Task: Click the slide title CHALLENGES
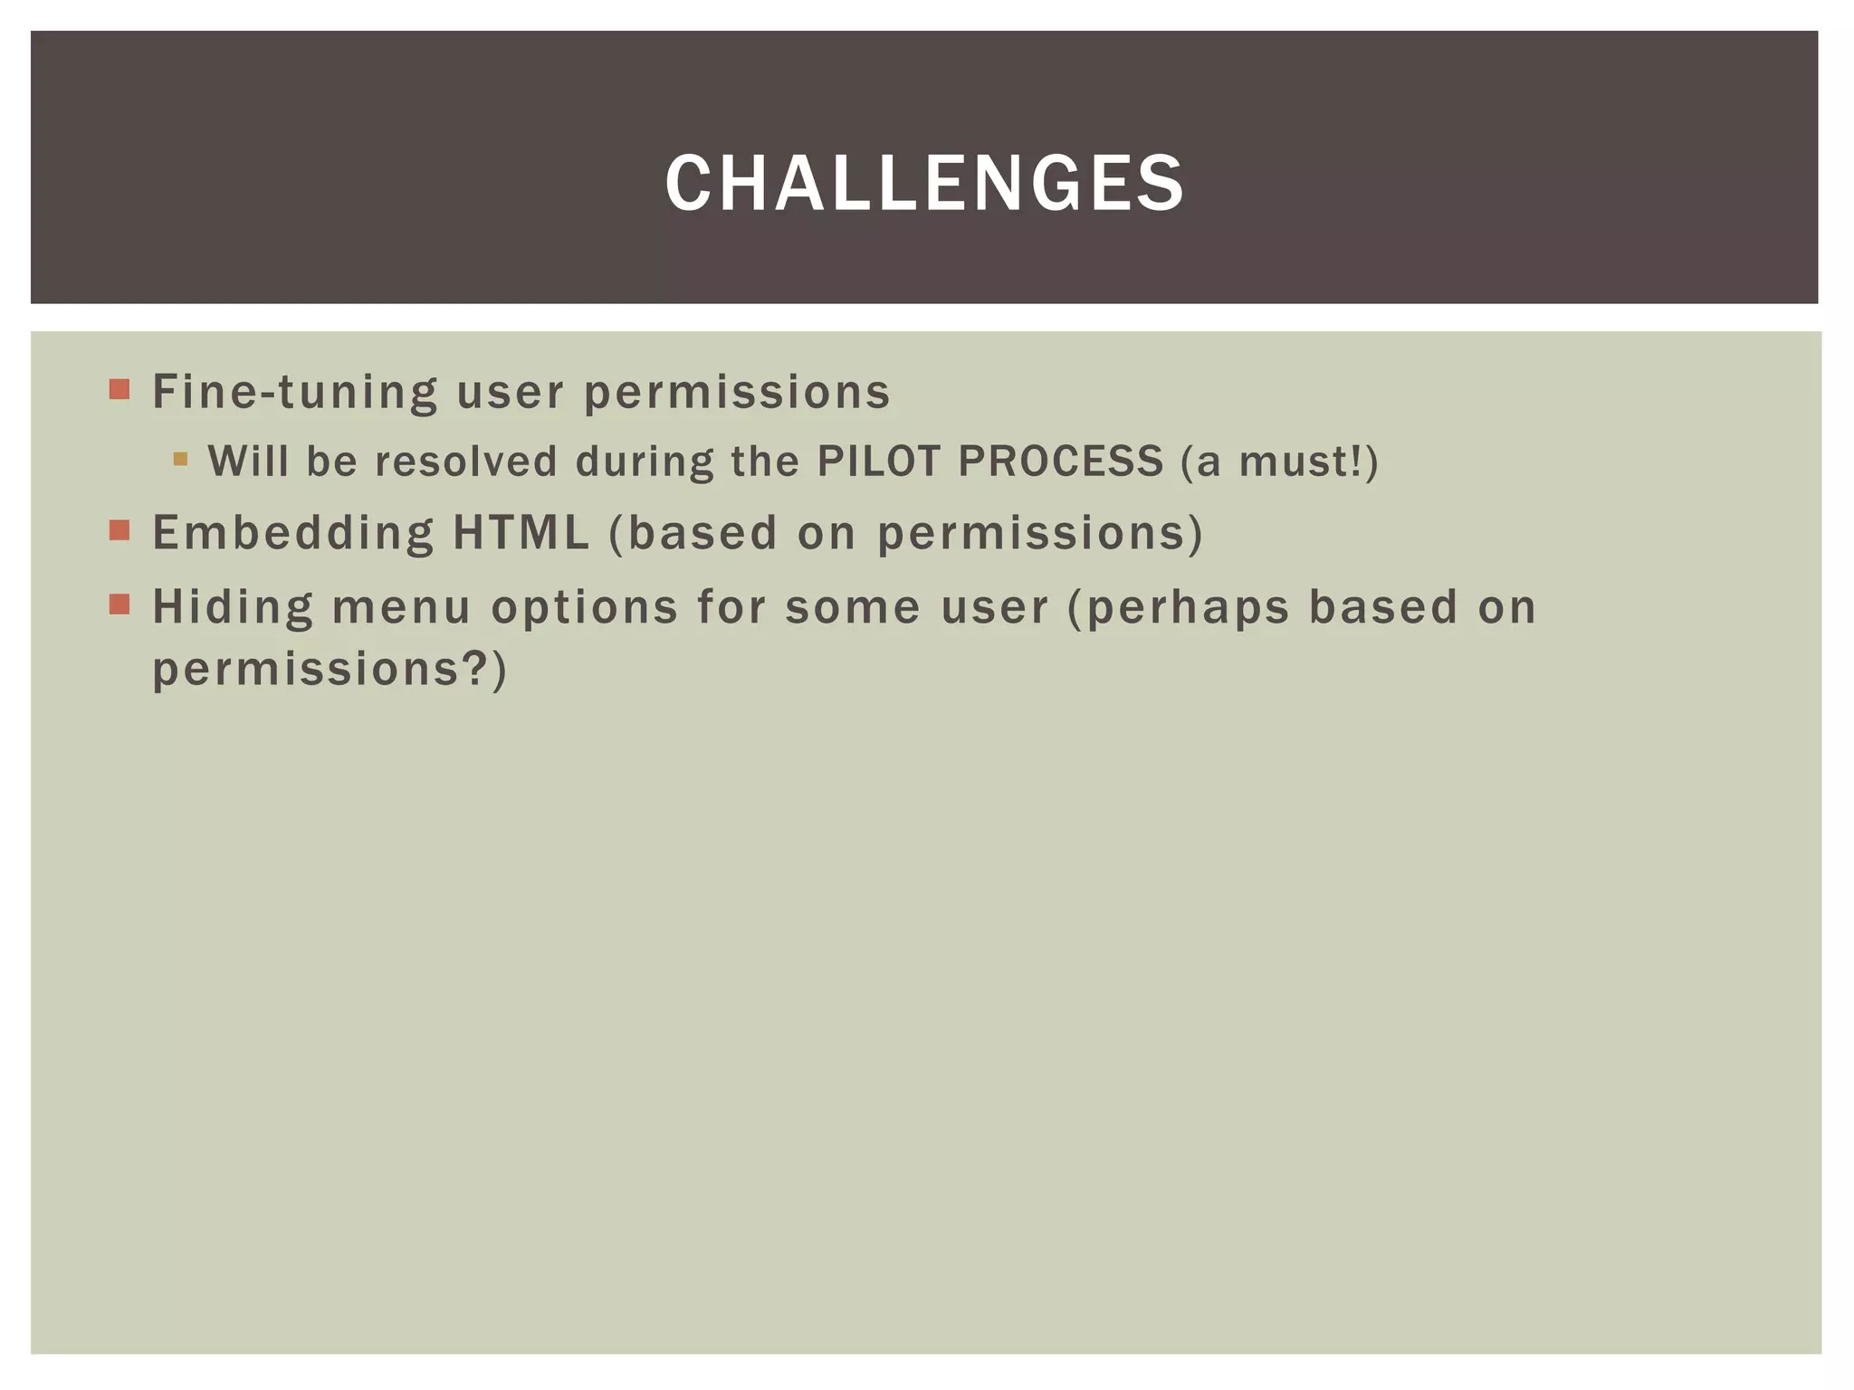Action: click(x=924, y=184)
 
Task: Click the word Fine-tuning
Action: click(x=295, y=392)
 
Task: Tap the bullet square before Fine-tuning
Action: click(x=119, y=389)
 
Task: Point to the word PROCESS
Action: click(x=1060, y=461)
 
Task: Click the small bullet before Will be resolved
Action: click(x=180, y=459)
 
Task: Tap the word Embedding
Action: click(x=293, y=533)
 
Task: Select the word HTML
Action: click(x=521, y=533)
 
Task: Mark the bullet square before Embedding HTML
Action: click(x=119, y=530)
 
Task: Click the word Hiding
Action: click(x=233, y=606)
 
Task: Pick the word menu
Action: click(x=401, y=606)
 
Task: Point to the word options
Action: click(x=584, y=608)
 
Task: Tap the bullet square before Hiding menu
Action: click(x=119, y=604)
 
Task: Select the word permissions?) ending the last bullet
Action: click(x=330, y=671)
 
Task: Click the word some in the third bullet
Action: click(x=853, y=606)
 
